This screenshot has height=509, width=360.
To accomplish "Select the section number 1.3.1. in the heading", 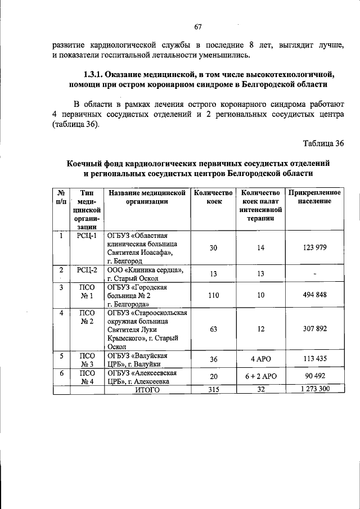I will click(x=96, y=74).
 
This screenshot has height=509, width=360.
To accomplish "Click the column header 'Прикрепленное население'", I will click(x=314, y=197).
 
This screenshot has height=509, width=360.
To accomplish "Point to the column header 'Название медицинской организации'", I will click(x=147, y=197).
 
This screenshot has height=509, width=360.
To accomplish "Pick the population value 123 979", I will click(x=314, y=247).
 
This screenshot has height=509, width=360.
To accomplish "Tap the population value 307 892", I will click(x=314, y=329).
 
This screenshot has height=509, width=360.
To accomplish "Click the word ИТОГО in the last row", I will click(x=147, y=389).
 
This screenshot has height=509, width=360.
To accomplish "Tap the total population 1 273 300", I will click(x=314, y=389).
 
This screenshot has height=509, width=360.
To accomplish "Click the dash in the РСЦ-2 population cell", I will click(x=315, y=274).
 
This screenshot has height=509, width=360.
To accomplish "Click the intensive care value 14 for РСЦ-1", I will click(x=260, y=247).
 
